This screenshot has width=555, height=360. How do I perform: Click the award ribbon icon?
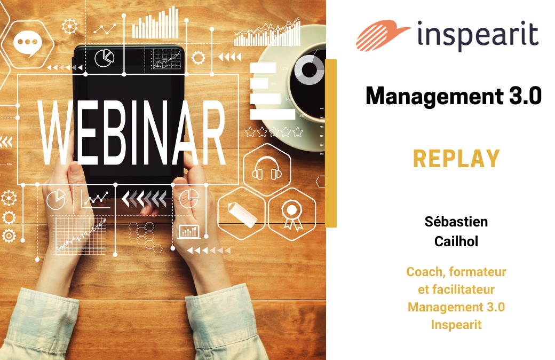click(292, 215)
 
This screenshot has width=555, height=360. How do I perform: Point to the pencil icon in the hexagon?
click(242, 215)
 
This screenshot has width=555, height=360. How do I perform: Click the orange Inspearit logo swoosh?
click(382, 35)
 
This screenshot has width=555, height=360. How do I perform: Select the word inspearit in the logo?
click(478, 35)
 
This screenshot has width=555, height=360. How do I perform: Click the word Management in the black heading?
click(434, 96)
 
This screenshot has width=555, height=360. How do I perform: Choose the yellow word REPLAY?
click(456, 159)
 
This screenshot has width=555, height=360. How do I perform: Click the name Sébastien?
click(456, 222)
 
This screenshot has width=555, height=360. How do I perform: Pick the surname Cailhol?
click(456, 241)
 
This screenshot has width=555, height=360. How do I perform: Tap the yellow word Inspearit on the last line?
click(456, 325)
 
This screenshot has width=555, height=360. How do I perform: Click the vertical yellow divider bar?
click(330, 143)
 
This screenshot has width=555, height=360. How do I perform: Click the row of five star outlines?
click(274, 132)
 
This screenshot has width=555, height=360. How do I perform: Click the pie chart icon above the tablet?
click(105, 58)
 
